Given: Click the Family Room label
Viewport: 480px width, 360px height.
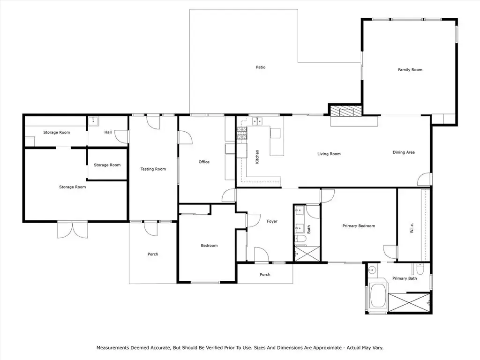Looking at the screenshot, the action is pyautogui.click(x=410, y=70).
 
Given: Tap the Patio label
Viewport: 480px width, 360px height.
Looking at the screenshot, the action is pyautogui.click(x=261, y=67).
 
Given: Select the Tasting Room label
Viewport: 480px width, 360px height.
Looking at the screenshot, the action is pyautogui.click(x=153, y=169).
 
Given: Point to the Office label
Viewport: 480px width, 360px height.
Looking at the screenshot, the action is pyautogui.click(x=204, y=162).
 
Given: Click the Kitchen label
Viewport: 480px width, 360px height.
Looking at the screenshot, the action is pyautogui.click(x=257, y=157).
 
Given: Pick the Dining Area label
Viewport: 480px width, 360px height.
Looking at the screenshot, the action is pyautogui.click(x=404, y=152).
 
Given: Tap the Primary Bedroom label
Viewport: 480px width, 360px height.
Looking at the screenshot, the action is pyautogui.click(x=359, y=226).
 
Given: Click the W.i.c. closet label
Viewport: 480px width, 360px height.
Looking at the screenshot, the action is pyautogui.click(x=412, y=228).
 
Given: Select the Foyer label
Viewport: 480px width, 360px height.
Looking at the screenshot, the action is pyautogui.click(x=272, y=221).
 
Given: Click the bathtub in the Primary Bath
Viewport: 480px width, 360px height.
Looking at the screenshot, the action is pyautogui.click(x=378, y=296).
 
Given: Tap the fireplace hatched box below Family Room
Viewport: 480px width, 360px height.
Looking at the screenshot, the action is pyautogui.click(x=346, y=111).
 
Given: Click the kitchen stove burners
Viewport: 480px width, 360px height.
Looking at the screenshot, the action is pyautogui.click(x=241, y=134).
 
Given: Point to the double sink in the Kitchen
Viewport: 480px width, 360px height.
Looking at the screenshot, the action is pyautogui.click(x=257, y=121).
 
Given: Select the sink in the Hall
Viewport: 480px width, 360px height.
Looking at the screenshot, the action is pyautogui.click(x=93, y=121).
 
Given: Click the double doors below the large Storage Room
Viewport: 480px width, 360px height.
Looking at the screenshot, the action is pyautogui.click(x=73, y=230).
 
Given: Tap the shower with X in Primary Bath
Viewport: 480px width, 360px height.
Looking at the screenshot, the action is pyautogui.click(x=409, y=303).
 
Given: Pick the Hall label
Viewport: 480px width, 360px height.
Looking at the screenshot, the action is pyautogui.click(x=108, y=132).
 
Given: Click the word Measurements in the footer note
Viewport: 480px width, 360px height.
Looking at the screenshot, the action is pyautogui.click(x=113, y=348).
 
